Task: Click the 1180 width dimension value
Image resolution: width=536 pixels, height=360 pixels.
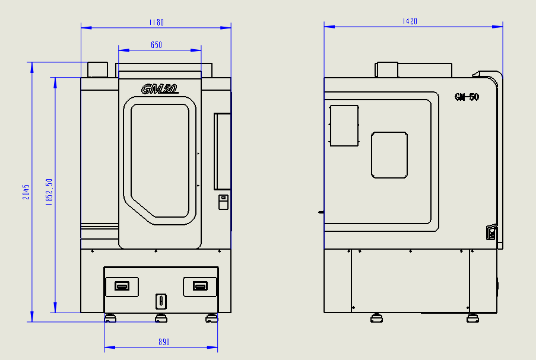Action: tap(156, 23)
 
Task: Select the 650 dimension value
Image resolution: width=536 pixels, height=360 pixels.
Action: tap(156, 45)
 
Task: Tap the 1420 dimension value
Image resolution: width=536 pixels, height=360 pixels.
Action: tap(410, 21)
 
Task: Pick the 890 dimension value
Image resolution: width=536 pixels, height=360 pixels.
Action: tap(164, 342)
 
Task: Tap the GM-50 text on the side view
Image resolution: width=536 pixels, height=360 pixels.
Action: tap(467, 97)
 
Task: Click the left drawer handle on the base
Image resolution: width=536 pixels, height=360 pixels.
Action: tap(122, 286)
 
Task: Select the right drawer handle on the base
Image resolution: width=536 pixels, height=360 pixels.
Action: tap(201, 286)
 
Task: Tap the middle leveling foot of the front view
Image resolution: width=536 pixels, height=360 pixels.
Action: tap(160, 319)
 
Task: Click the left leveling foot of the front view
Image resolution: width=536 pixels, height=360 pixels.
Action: tap(110, 319)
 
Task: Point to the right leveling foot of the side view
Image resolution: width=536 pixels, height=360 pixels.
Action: tap(472, 318)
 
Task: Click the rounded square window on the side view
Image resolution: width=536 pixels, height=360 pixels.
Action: tap(389, 155)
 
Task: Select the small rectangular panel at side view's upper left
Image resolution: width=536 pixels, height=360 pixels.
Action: tap(344, 126)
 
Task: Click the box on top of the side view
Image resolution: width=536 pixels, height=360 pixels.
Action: tap(386, 69)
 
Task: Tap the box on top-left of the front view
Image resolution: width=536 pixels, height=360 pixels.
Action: tap(97, 69)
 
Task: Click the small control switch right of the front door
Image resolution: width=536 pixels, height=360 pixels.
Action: tap(223, 202)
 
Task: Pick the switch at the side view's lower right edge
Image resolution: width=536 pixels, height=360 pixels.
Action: tap(491, 232)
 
